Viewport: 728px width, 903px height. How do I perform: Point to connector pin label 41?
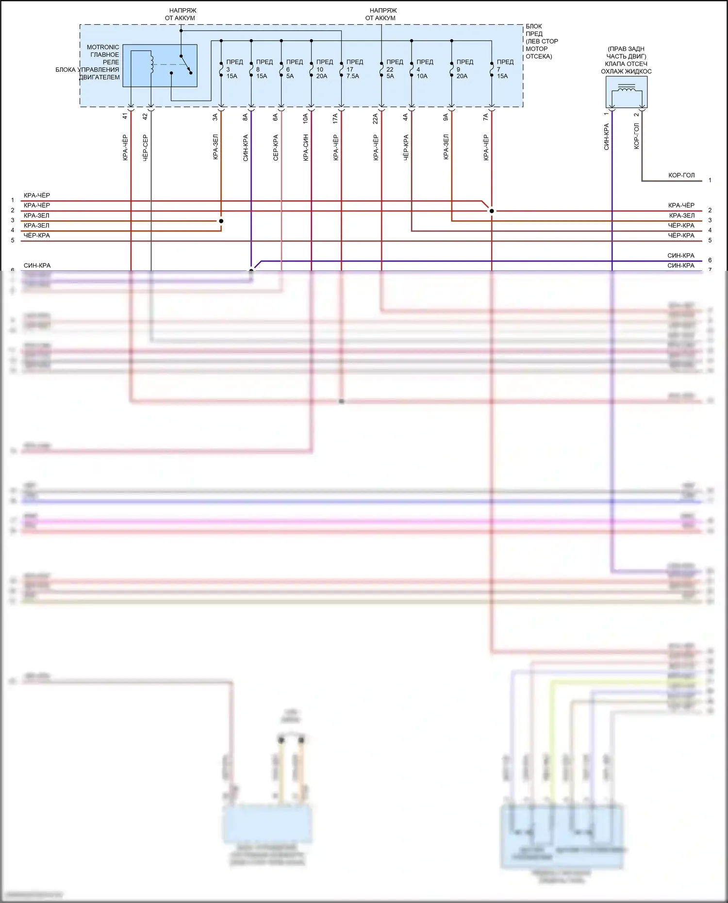(125, 116)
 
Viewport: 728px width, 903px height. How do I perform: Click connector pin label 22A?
(375, 119)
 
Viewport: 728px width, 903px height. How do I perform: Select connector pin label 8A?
(245, 117)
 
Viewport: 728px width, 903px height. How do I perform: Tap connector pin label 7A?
(485, 117)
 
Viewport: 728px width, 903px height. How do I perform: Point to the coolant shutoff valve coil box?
(626, 92)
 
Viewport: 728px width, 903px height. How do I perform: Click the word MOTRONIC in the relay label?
(102, 47)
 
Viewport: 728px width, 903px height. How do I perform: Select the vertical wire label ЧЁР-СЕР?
(145, 148)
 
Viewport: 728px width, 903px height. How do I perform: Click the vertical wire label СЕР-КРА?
(276, 148)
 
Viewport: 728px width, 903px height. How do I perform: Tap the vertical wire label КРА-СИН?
(306, 148)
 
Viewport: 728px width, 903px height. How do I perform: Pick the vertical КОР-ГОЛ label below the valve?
(636, 136)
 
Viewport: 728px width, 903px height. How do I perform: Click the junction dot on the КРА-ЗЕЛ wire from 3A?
(221, 221)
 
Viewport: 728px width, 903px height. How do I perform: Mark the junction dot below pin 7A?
(492, 211)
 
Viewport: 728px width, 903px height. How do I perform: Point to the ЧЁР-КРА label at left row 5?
(37, 235)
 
